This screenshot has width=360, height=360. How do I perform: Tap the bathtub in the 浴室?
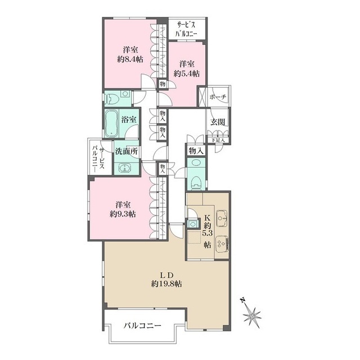[x=111, y=123]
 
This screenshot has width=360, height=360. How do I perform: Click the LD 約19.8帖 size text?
[x=166, y=280]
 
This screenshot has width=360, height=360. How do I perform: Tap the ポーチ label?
[x=218, y=97]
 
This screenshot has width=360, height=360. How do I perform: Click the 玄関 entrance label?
[x=218, y=122]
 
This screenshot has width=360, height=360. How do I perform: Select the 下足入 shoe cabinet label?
[x=218, y=139]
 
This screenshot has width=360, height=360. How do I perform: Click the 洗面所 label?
[x=127, y=151]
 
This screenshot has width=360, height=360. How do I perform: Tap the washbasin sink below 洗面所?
[x=125, y=168]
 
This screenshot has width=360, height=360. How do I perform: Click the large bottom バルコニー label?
[x=142, y=325]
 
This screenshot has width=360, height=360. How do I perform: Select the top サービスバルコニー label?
[x=186, y=29]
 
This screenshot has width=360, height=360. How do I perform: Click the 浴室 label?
[x=129, y=120]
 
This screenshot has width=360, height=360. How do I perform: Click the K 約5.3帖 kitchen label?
[x=208, y=231]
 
